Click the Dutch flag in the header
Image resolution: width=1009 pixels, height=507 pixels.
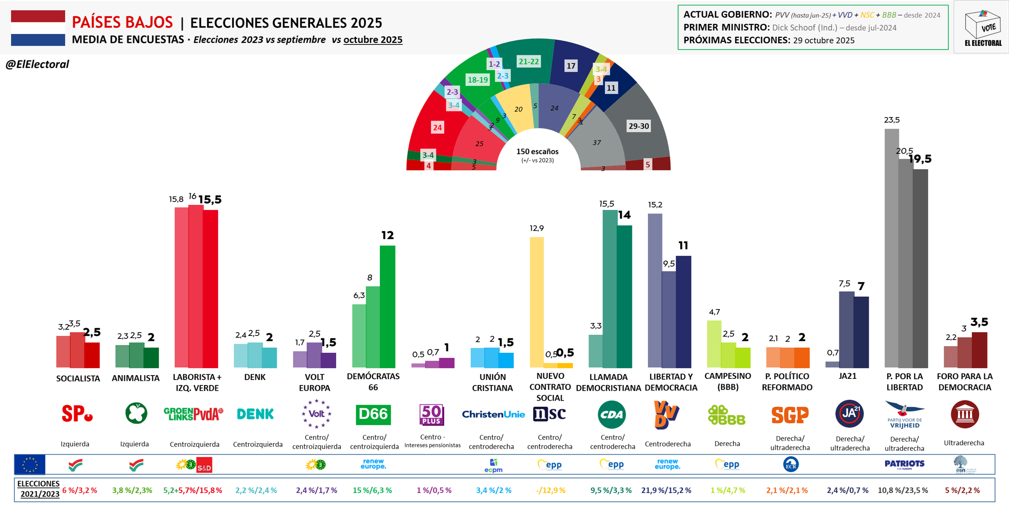tap(38, 28)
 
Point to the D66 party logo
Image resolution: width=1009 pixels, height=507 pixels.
tap(373, 414)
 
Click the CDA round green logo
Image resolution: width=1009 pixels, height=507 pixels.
tap(611, 414)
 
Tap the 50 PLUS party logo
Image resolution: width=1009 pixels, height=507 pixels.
tap(431, 414)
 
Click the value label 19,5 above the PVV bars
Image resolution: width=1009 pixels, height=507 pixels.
tap(920, 159)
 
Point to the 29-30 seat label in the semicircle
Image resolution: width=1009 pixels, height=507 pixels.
tap(639, 126)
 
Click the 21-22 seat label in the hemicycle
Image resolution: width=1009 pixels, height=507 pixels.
tap(528, 62)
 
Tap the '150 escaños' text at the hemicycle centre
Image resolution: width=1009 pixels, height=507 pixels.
tap(537, 152)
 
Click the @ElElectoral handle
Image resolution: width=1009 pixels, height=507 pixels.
tap(37, 64)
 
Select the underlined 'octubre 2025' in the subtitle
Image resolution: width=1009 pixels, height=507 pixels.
tap(372, 40)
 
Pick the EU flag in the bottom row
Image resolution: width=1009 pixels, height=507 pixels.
tap(30, 465)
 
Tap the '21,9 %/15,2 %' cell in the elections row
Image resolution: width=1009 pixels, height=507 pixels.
tap(666, 490)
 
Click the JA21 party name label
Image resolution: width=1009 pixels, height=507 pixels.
tap(848, 376)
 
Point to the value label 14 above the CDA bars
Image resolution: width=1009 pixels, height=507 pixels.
tap(624, 215)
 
